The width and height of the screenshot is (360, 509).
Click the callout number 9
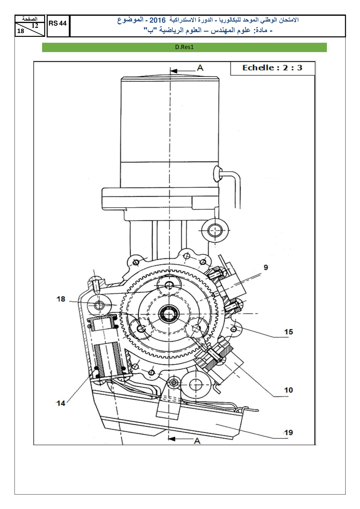[266, 267]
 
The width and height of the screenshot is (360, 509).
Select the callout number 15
[288, 332]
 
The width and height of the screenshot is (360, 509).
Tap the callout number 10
[288, 390]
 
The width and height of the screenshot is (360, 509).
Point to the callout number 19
[288, 433]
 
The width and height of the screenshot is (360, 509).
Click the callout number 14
[61, 403]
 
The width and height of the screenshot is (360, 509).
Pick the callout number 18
[61, 299]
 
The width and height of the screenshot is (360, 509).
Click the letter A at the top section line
[200, 68]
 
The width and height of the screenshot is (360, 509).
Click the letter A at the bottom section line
[197, 441]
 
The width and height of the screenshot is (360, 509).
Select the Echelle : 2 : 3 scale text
[272, 68]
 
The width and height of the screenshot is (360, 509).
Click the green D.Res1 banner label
[184, 47]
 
